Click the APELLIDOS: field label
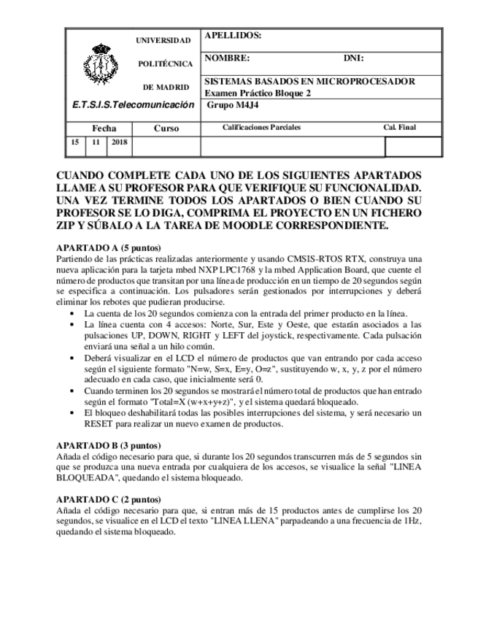(x=232, y=36)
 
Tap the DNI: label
(x=353, y=58)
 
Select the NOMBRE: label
(x=227, y=58)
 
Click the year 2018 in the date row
(x=119, y=143)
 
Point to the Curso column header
(x=166, y=128)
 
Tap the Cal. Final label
(x=399, y=128)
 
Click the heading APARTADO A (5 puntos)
(x=109, y=247)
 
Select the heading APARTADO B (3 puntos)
(x=109, y=445)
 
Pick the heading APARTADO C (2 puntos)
(x=109, y=499)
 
